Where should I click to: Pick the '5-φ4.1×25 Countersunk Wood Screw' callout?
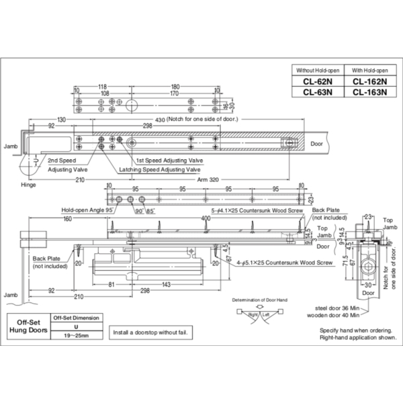[x=258, y=210]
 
